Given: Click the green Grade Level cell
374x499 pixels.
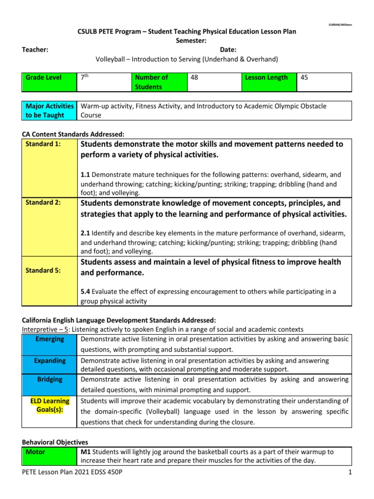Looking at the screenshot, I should (49, 82).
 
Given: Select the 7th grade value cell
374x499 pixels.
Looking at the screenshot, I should (104, 82).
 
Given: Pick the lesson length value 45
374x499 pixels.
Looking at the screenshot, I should (323, 82).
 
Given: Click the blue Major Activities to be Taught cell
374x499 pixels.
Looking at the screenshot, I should (49, 111).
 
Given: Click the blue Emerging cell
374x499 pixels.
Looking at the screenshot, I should (50, 339).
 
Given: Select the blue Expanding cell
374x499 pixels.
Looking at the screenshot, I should (50, 361).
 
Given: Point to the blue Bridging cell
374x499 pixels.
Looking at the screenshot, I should (50, 379).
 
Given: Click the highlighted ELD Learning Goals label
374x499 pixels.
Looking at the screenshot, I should (50, 405).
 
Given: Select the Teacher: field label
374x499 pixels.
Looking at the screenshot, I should (35, 49).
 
